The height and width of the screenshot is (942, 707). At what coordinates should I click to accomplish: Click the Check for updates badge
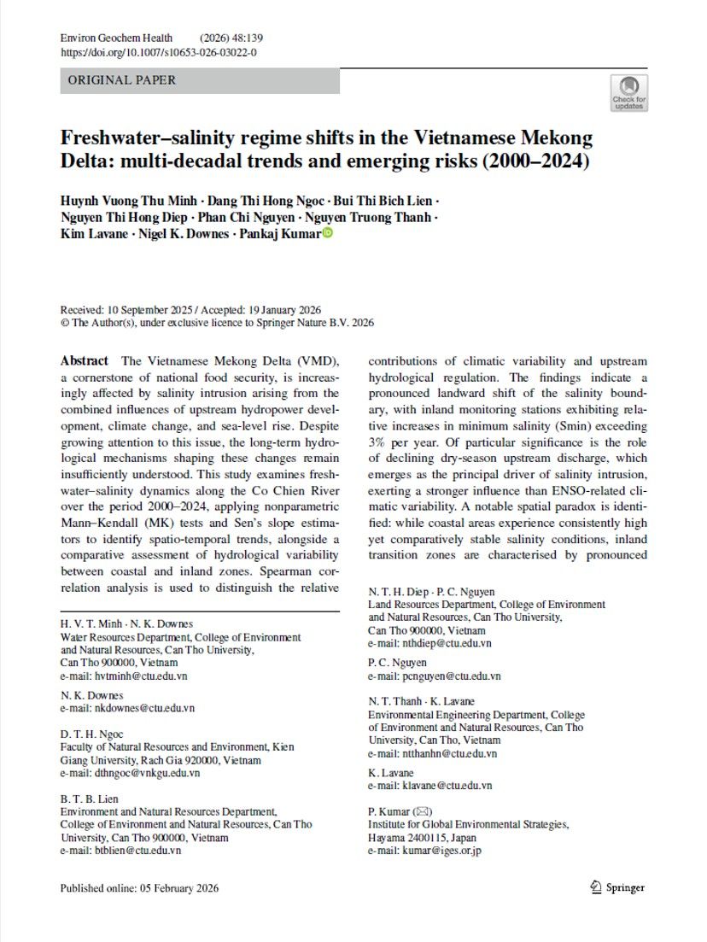tap(628, 92)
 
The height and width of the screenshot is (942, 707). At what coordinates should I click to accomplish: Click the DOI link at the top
tap(158, 52)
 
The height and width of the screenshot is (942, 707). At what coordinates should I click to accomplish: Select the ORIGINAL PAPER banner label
tap(121, 80)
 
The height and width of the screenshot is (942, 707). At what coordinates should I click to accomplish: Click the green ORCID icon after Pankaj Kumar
tap(326, 234)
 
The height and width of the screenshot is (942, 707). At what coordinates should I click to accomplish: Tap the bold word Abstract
tap(84, 361)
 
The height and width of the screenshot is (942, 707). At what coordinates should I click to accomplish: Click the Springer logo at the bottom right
tap(616, 888)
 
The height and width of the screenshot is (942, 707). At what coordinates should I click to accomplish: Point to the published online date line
tap(139, 888)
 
